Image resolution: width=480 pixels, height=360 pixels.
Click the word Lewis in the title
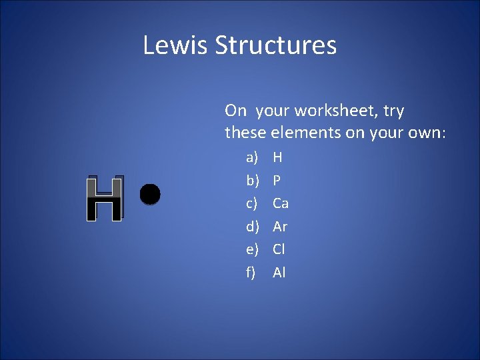pyautogui.click(x=175, y=45)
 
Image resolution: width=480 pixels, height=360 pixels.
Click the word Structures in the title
pyautogui.click(x=276, y=45)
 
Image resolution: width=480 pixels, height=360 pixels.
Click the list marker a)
pyautogui.click(x=252, y=157)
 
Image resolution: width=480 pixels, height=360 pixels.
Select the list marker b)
pyautogui.click(x=252, y=180)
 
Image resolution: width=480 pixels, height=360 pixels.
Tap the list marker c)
pyautogui.click(x=252, y=203)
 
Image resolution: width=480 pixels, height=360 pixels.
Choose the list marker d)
pyautogui.click(x=252, y=226)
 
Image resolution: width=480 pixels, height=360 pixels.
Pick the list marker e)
pyautogui.click(x=252, y=249)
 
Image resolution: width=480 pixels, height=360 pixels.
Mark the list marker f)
pyautogui.click(x=251, y=272)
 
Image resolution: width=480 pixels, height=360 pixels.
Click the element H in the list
pyautogui.click(x=278, y=157)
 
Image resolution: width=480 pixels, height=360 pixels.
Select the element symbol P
pyautogui.click(x=277, y=180)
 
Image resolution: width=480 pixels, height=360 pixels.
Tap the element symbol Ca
pyautogui.click(x=281, y=203)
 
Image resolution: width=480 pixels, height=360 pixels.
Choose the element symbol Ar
pyautogui.click(x=280, y=226)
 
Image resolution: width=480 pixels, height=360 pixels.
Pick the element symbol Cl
pyautogui.click(x=279, y=249)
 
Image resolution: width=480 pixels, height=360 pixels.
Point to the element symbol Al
pyautogui.click(x=279, y=272)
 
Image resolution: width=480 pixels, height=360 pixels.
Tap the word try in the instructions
pyautogui.click(x=393, y=111)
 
